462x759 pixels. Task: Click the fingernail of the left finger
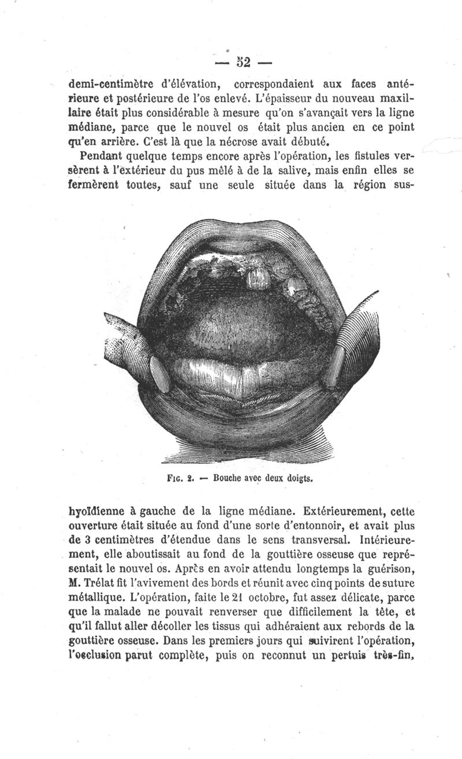[159, 371]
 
